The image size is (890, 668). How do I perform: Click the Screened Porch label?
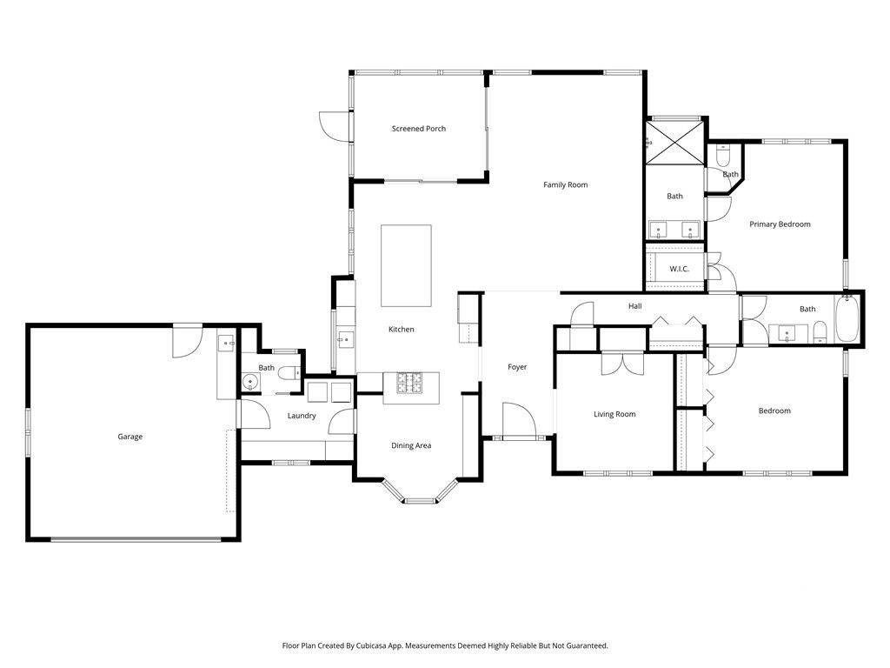pos(418,129)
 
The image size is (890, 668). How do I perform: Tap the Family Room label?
pos(565,184)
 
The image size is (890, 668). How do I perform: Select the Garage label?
pos(130,437)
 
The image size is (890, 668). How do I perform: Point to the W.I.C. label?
pos(679,269)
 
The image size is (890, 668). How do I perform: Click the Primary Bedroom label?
pos(780,224)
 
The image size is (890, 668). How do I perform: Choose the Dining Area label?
pos(411,446)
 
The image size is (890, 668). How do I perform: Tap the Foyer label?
pos(517,367)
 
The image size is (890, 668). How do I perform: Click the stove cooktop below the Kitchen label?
pos(409,383)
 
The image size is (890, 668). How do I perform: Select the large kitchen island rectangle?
pos(406,266)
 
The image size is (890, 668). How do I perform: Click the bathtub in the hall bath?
pos(847,318)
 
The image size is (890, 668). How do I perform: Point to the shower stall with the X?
pos(674,143)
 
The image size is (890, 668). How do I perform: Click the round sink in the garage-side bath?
pos(250,383)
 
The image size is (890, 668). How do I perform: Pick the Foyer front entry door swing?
pos(519,420)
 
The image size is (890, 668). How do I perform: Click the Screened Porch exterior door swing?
pos(335,125)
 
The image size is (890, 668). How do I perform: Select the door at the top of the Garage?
pos(188,341)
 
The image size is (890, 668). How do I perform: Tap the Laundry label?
pos(302,416)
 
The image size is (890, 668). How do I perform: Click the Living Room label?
pos(614,414)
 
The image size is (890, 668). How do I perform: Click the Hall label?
pos(635,306)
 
